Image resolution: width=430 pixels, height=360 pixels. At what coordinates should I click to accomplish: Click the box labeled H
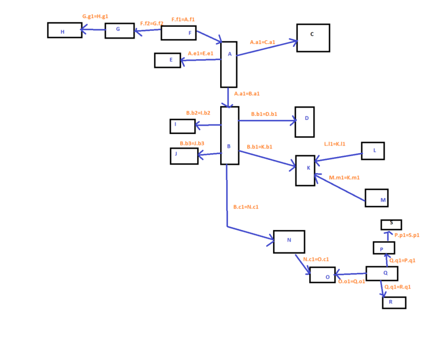pos(65,30)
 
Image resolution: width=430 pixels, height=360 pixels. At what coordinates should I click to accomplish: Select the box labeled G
pos(119,30)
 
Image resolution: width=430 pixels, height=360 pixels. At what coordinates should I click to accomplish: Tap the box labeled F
pos(178,33)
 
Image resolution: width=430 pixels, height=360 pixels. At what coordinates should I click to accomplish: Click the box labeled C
pos(313,38)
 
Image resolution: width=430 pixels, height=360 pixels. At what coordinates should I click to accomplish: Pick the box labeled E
pos(168,60)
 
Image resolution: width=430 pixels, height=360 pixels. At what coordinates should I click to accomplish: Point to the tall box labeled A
pos(229,65)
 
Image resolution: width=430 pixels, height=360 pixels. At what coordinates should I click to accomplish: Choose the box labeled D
pos(304,122)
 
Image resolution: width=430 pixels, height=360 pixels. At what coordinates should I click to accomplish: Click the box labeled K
pos(305,170)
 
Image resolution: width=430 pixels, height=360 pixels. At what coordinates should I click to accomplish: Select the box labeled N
pos(289,241)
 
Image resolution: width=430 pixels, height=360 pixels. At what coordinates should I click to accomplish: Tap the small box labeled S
pos(391,225)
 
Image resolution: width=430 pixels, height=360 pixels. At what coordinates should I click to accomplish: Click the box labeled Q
pos(382,273)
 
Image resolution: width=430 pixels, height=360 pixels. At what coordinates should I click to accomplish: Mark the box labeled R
pos(394,303)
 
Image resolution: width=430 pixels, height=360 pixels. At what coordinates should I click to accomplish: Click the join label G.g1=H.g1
pos(95,16)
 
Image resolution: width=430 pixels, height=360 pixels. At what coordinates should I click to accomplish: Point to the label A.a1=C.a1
pos(262,42)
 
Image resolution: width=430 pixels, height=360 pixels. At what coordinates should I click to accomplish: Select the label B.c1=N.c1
pos(246,207)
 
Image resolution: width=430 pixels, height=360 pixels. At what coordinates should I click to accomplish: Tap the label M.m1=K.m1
pos(344,178)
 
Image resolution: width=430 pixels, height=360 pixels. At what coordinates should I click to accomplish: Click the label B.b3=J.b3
pos(192,143)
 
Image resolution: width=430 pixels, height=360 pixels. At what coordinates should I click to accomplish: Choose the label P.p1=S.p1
pos(407,235)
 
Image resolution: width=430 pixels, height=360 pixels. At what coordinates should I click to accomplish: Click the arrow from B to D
pos(267,121)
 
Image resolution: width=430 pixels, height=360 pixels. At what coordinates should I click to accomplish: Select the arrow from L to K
pos(338,157)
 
